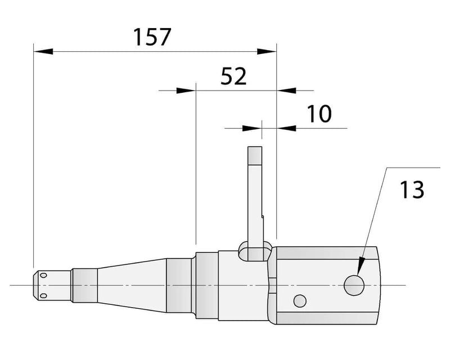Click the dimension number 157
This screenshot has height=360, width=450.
(x=151, y=37)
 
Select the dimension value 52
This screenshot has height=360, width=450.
(x=233, y=76)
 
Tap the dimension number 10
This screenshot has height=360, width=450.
(x=319, y=114)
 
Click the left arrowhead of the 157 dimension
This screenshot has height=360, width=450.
(x=43, y=51)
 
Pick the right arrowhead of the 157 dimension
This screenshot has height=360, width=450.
(x=267, y=51)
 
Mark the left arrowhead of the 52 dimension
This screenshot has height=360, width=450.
(x=185, y=90)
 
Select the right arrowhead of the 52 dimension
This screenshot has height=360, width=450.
(x=287, y=90)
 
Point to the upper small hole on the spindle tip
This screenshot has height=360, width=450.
(x=43, y=276)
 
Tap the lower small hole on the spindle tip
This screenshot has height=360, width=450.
(x=43, y=295)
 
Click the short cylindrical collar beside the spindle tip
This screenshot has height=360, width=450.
(x=84, y=285)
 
